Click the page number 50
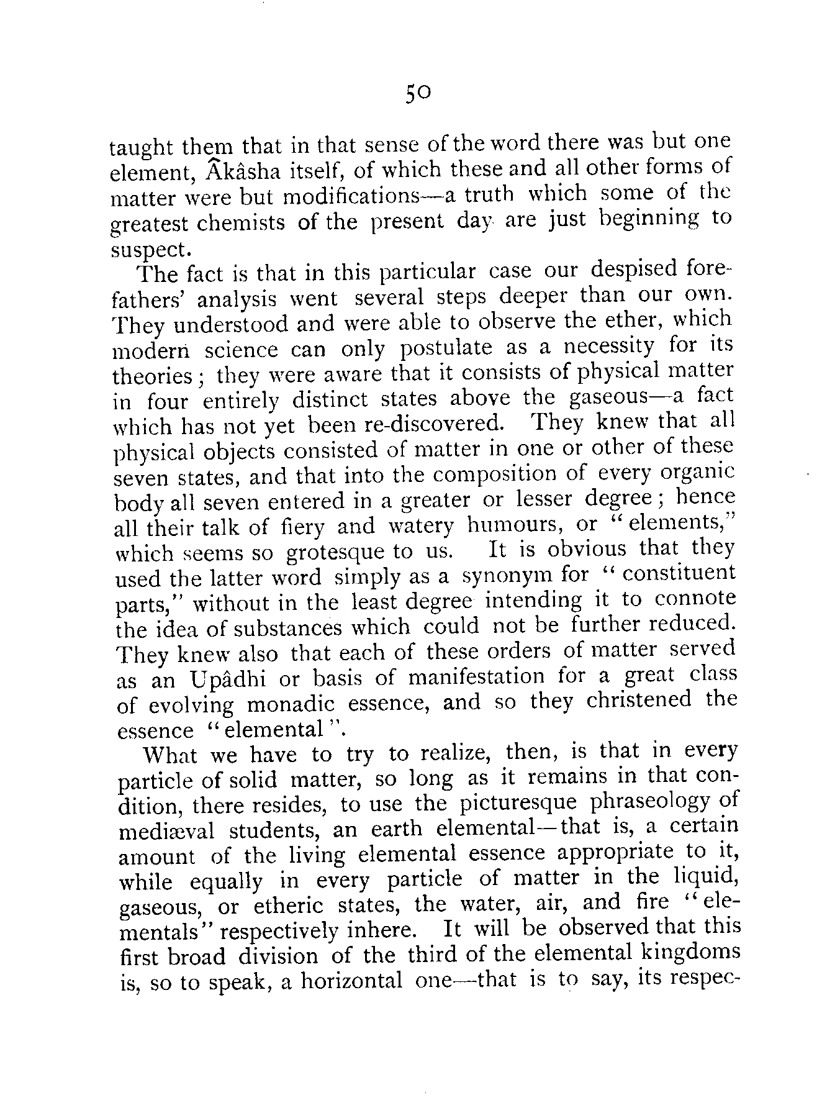pos(417,93)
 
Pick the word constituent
pos(679,574)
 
